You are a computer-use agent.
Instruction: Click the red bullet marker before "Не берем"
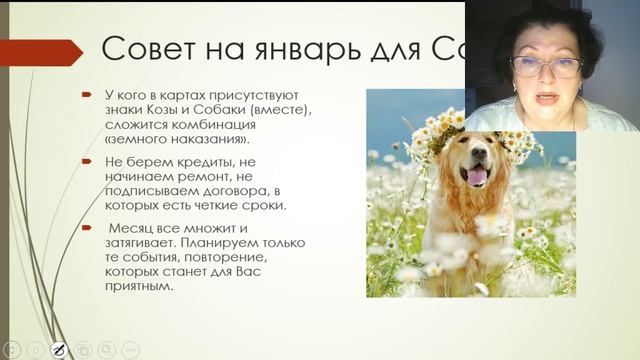87,160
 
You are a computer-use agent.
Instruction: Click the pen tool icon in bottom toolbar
58,349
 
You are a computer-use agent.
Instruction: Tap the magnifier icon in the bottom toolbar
106,349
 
